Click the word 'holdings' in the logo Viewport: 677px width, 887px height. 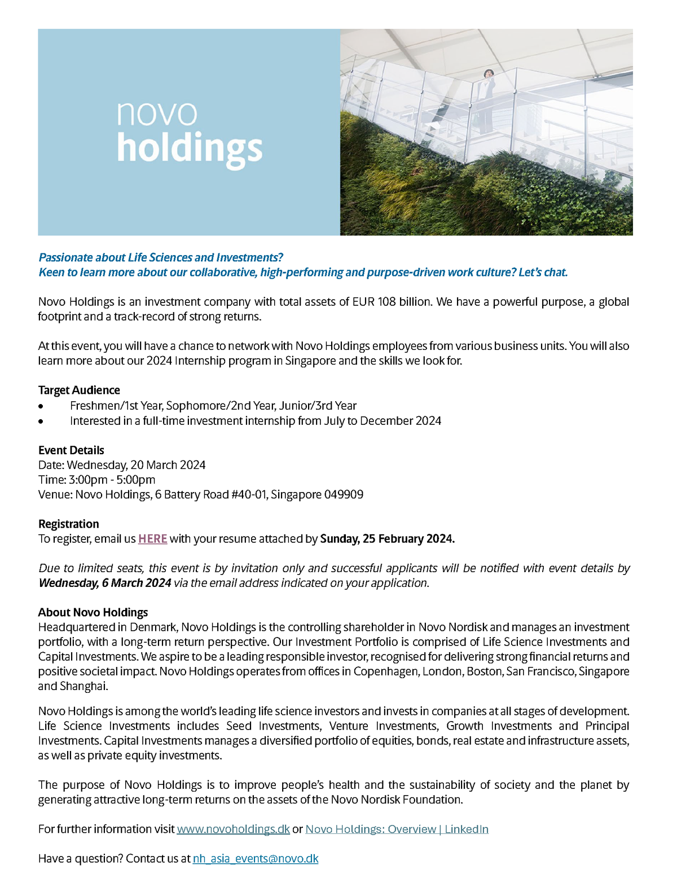coord(190,148)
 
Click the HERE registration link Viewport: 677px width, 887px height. coord(152,539)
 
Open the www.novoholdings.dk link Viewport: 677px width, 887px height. coord(233,829)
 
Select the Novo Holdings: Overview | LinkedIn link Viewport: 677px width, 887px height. coord(397,829)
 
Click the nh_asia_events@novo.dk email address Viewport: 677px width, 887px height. coord(256,859)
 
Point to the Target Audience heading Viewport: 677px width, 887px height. coord(79,390)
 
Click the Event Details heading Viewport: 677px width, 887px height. coord(71,450)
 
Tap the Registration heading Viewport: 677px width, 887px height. coord(68,524)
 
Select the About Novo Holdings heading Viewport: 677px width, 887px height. coord(93,612)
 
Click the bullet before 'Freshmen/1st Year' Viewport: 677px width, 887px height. coord(41,406)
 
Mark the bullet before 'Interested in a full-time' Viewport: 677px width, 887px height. coord(41,421)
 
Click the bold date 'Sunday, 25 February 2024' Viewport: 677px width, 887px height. coord(387,539)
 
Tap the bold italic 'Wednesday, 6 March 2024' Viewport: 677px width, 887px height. coord(105,583)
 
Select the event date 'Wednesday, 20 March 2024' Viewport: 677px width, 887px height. coord(136,465)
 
